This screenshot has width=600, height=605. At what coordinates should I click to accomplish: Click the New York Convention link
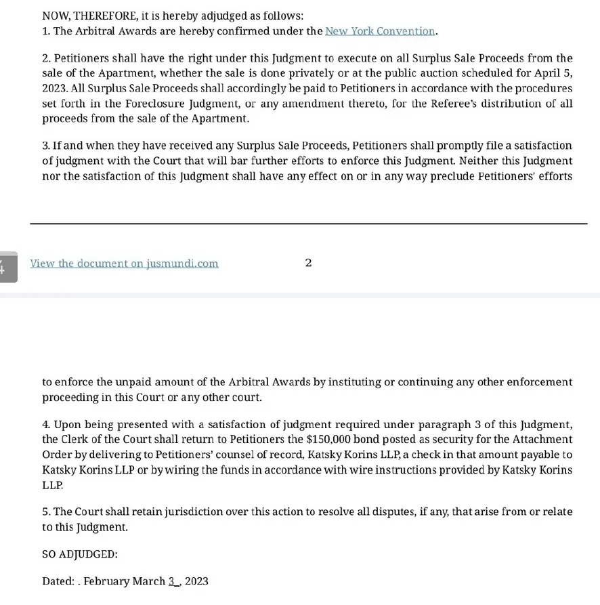click(x=380, y=31)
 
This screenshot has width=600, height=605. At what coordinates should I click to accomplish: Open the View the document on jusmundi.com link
click(x=124, y=264)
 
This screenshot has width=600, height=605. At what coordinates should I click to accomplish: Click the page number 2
click(x=308, y=263)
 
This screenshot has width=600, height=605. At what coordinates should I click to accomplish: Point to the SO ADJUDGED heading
click(x=80, y=554)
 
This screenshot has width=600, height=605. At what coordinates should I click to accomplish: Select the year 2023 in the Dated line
click(x=196, y=581)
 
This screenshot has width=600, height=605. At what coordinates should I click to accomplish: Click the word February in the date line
click(x=106, y=581)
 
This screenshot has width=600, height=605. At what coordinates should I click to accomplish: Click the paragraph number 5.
click(x=45, y=512)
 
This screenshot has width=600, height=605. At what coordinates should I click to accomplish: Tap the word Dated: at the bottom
click(x=58, y=581)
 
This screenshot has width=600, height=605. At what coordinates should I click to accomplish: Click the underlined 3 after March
click(x=172, y=581)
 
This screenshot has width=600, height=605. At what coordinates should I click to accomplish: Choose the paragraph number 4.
click(x=46, y=425)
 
